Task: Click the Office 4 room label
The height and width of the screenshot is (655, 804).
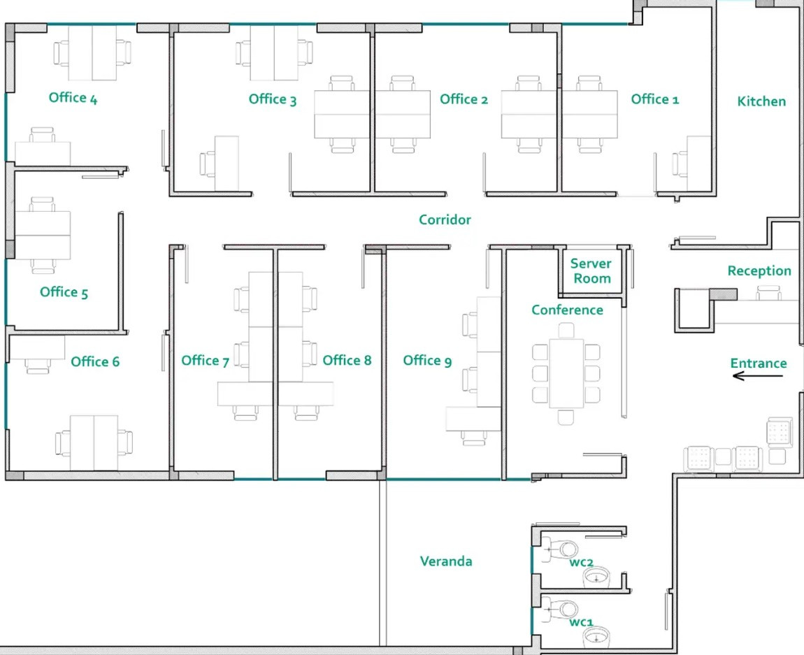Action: [73, 97]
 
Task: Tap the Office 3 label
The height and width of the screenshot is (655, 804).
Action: [272, 99]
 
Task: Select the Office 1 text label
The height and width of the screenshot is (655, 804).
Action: [655, 99]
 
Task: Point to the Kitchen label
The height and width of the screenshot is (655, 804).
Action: [761, 101]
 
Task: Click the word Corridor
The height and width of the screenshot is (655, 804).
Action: [445, 219]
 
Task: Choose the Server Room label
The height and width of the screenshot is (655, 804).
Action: [591, 271]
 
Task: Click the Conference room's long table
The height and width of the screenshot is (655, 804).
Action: [566, 373]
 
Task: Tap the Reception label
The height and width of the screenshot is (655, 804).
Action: [759, 271]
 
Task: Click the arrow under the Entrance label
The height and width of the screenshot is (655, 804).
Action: [758, 376]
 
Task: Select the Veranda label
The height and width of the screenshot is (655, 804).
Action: [446, 561]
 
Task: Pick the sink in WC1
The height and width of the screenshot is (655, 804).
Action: [596, 638]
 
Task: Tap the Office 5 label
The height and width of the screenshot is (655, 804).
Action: [64, 292]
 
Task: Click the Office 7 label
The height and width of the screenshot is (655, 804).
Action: [205, 361]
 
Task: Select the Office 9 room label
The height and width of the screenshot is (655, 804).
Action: [427, 361]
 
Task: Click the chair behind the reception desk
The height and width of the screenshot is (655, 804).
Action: [768, 293]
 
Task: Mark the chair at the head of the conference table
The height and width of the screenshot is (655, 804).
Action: [566, 330]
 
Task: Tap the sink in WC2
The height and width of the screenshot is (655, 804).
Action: [596, 577]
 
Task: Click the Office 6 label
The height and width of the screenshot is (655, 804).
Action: [95, 362]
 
